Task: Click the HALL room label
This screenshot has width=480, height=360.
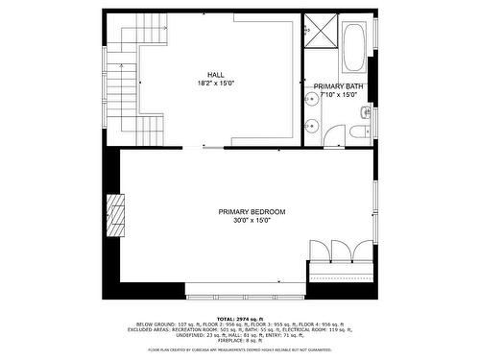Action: click(216, 74)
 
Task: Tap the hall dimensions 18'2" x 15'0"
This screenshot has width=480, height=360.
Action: click(216, 83)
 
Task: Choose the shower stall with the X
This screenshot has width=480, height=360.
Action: click(317, 30)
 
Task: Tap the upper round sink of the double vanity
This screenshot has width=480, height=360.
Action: click(312, 97)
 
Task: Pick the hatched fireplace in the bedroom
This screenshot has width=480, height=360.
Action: click(116, 214)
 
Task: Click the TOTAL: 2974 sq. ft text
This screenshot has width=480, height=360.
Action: click(239, 318)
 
